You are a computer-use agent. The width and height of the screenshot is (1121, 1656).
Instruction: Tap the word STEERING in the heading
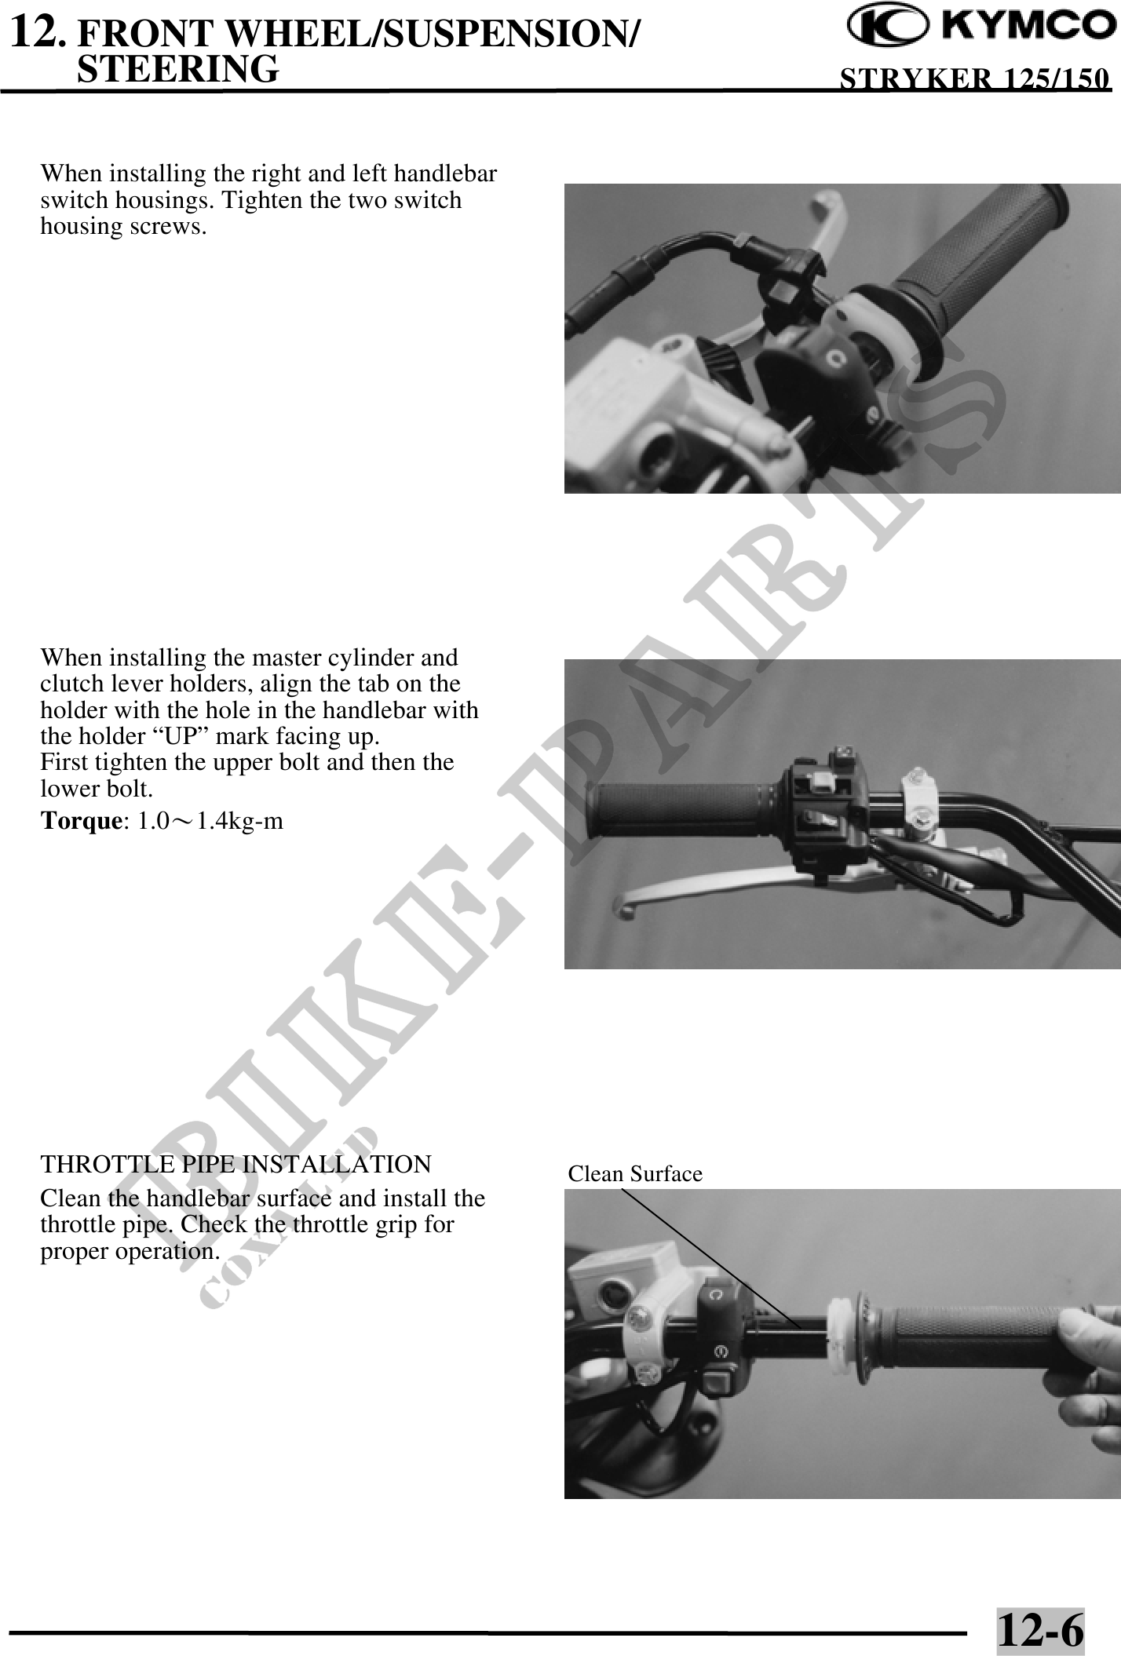pyautogui.click(x=179, y=68)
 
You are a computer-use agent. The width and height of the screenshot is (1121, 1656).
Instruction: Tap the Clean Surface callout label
pyautogui.click(x=635, y=1174)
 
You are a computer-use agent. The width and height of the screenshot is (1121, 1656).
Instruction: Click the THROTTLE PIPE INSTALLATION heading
pyautogui.click(x=236, y=1164)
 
